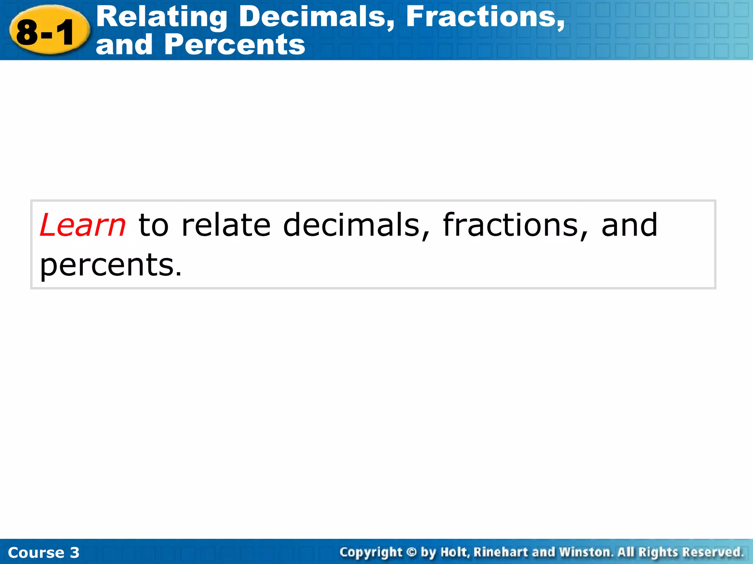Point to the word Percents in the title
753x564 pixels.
click(235, 45)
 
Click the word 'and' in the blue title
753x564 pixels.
click(124, 45)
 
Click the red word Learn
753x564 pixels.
click(83, 225)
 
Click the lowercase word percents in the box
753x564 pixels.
click(110, 265)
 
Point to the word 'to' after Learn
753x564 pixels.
click(153, 225)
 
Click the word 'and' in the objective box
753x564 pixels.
click(629, 225)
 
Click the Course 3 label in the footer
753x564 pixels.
click(43, 553)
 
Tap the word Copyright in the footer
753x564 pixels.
click(371, 552)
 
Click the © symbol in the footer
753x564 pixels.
click(411, 552)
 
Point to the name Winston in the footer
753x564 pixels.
click(586, 552)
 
